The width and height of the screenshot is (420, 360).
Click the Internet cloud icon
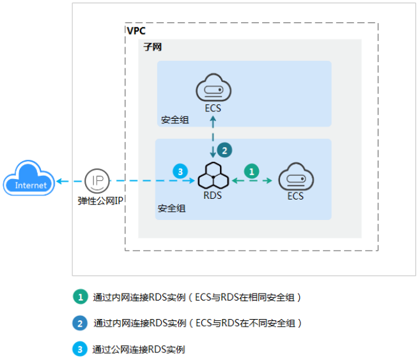coord(31,180)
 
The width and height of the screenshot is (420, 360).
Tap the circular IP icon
coord(97,181)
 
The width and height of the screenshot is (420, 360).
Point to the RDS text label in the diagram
coord(213,196)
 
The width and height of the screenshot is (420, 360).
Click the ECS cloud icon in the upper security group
coord(213,88)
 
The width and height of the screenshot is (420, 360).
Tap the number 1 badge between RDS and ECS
coord(253,171)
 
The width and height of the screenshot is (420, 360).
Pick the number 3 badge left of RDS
coord(180,171)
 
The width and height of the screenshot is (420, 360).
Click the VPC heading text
coord(136,31)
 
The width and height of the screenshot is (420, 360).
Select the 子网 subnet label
coord(151,48)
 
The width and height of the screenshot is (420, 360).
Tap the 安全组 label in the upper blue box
coord(175,120)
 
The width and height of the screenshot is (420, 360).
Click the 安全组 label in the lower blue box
coord(171,209)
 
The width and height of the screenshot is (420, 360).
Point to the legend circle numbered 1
coord(79,297)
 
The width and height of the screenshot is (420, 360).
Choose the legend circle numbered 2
coord(79,323)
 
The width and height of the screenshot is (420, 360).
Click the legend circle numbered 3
coord(79,349)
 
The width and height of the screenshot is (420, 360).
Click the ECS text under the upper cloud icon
coord(213,109)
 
